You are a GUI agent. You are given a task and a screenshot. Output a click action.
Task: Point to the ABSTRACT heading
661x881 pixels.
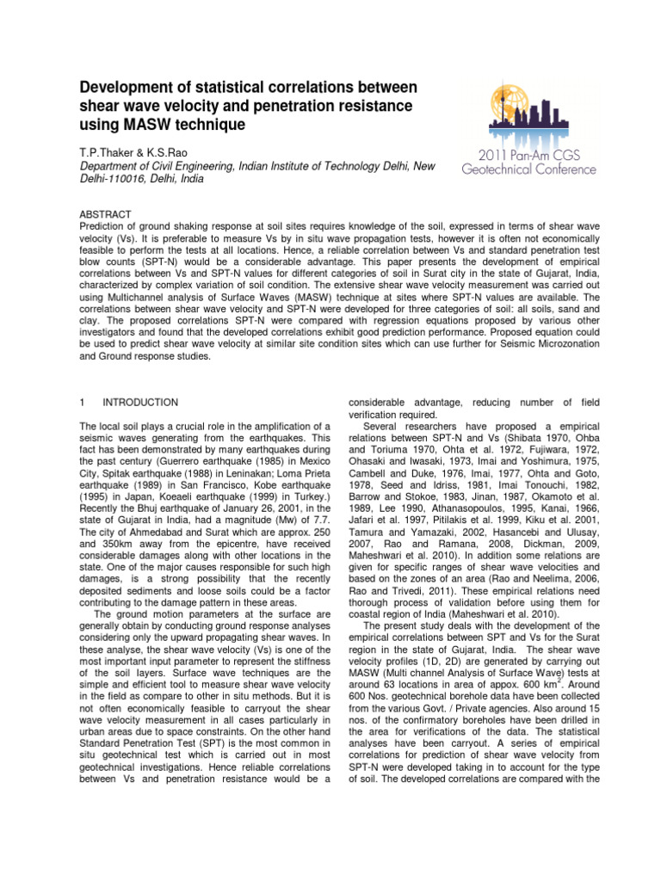tap(105, 213)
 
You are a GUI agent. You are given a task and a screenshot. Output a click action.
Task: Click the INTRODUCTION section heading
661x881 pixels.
tap(140, 402)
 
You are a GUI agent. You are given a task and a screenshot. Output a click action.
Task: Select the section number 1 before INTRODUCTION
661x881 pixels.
tap(82, 402)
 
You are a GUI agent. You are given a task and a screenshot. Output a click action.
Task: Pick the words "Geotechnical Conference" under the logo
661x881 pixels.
tap(533, 170)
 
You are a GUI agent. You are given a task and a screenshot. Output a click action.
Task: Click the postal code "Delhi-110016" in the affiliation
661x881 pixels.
tap(115, 178)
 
